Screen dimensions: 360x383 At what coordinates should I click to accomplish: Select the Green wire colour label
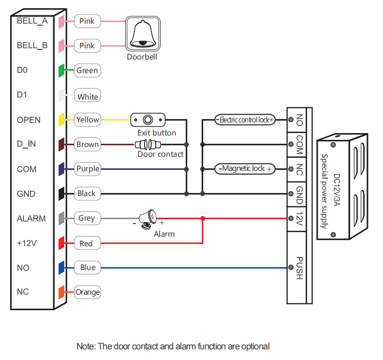pyautogui.click(x=87, y=71)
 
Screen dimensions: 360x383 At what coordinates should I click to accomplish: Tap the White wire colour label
pyautogui.click(x=88, y=97)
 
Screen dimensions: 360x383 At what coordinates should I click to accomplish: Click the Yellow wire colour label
pyautogui.click(x=87, y=120)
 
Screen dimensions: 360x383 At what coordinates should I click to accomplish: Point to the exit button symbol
pyautogui.click(x=148, y=119)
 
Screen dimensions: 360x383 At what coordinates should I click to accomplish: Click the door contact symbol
pyautogui.click(x=148, y=144)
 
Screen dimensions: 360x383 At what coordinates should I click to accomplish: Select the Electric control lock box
pyautogui.click(x=245, y=120)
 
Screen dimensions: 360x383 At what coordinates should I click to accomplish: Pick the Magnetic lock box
pyautogui.click(x=245, y=169)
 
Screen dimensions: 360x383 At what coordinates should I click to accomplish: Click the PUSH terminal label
pyautogui.click(x=299, y=268)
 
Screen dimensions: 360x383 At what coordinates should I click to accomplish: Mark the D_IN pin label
pyautogui.click(x=26, y=144)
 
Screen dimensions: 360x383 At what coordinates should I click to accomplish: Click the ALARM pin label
pyautogui.click(x=31, y=218)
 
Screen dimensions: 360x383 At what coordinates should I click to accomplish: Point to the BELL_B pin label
pyautogui.click(x=32, y=45)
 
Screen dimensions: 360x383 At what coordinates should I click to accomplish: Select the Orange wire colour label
pyautogui.click(x=88, y=292)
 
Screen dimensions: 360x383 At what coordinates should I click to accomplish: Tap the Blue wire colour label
pyautogui.click(x=88, y=268)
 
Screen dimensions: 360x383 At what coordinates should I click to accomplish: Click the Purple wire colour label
pyautogui.click(x=88, y=169)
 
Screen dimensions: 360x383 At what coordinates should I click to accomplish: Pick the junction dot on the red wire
pyautogui.click(x=203, y=219)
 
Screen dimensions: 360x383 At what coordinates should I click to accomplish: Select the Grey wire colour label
pyautogui.click(x=87, y=218)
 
